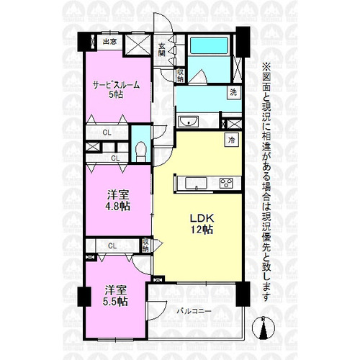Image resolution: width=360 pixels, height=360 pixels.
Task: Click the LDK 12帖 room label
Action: click(202, 224)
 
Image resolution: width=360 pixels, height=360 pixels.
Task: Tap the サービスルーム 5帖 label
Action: click(117, 90)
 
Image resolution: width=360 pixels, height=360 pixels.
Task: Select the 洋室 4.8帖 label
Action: click(118, 200)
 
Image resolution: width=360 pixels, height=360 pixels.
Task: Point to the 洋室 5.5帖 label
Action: click(115, 296)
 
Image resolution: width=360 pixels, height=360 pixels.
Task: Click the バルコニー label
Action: click(194, 312)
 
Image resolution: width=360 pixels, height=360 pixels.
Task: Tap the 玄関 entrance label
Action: click(162, 50)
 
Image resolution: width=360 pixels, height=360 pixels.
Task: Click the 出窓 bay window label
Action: click(109, 42)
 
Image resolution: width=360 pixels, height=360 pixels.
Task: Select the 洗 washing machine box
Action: click(233, 92)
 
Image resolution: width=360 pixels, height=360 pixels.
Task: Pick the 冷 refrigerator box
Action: click(232, 140)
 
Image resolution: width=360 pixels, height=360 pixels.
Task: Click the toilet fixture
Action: click(140, 152)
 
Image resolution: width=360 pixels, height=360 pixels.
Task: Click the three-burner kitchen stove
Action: click(226, 184)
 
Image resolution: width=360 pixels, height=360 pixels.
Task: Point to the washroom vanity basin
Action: click(189, 122)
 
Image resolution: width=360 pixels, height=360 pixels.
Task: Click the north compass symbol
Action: click(264, 328)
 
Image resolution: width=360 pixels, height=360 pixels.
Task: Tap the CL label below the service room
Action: click(107, 132)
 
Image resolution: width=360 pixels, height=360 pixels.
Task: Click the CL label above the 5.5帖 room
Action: click(112, 246)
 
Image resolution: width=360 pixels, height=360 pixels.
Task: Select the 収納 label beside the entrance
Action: click(180, 75)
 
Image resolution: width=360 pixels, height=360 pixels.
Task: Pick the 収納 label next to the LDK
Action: click(145, 245)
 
